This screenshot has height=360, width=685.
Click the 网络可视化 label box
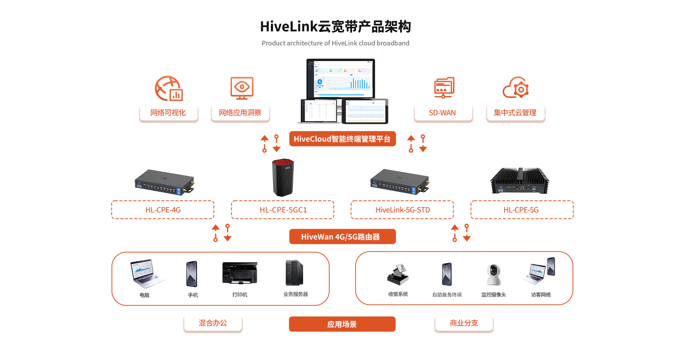click(168, 113)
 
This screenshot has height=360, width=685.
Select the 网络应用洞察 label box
click(240, 113)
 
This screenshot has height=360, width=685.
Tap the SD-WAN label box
click(443, 113)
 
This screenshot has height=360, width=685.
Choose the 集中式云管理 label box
click(515, 113)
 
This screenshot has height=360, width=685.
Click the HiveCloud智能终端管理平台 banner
click(342, 139)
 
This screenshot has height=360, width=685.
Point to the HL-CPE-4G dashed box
click(163, 210)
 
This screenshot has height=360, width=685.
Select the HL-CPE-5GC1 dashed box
click(283, 210)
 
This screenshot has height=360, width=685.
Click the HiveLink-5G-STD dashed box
click(402, 210)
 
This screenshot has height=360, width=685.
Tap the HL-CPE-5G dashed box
click(522, 210)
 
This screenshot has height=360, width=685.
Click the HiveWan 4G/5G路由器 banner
click(342, 237)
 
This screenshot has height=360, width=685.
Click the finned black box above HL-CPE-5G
click(520, 181)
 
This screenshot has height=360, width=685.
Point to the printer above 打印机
click(239, 273)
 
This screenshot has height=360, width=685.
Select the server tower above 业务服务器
click(294, 273)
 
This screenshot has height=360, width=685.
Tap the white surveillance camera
click(494, 275)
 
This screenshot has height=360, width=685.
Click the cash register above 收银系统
click(398, 275)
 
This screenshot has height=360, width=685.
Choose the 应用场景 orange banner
click(342, 324)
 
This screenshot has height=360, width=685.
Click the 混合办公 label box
click(213, 323)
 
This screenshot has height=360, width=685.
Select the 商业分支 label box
click(464, 323)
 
